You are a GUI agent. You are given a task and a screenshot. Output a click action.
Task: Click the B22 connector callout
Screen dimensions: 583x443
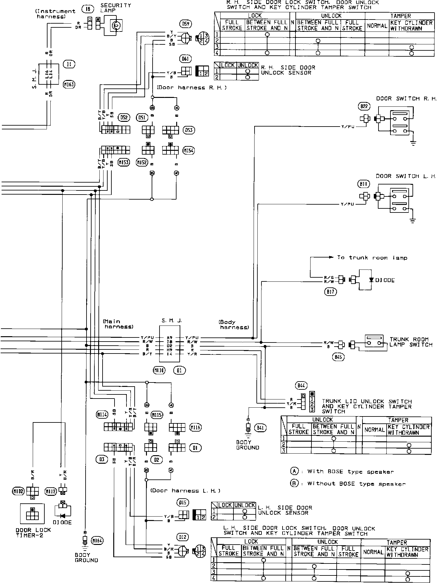pos(364,106)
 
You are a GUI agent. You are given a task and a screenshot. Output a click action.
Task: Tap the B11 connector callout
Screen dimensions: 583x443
pos(364,184)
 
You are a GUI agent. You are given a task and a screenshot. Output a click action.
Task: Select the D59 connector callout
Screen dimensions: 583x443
pos(186,24)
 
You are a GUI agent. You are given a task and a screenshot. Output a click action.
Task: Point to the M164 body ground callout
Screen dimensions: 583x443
pos(97,541)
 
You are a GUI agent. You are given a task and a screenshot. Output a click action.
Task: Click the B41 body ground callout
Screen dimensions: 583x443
pos(260,428)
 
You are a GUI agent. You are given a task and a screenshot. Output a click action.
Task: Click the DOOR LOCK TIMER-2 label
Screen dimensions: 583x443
pos(33,532)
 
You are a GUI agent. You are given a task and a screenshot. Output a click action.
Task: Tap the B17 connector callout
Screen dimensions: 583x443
pos(330,292)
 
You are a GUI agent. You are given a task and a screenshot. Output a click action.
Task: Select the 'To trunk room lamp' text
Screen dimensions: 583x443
pos(372,258)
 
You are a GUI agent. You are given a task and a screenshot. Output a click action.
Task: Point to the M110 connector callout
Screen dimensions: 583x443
pos(159,371)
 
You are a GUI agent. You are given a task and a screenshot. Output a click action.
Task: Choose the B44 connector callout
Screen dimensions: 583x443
pos(301,385)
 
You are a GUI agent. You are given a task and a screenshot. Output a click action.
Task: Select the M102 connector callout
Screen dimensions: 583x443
pos(18,491)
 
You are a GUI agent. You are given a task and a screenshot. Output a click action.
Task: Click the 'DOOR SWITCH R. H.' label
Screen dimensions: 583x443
pos(406,99)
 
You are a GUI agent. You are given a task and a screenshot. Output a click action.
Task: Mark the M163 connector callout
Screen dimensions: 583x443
pos(69,84)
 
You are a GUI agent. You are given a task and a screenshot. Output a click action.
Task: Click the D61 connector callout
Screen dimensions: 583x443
pos(186,59)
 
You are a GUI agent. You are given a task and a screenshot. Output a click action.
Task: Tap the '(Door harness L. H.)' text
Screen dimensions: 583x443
pos(185,490)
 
